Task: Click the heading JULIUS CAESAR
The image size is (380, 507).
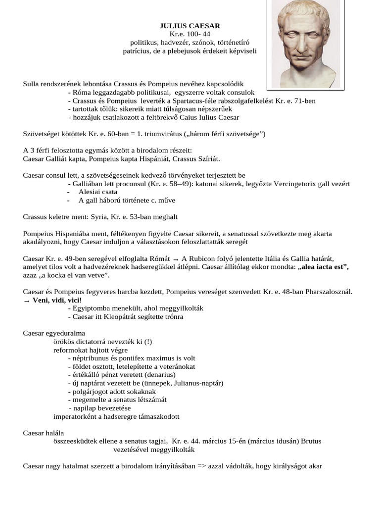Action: [190, 25]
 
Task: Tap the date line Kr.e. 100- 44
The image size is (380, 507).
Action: [190, 34]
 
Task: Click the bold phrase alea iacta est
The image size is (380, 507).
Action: [323, 267]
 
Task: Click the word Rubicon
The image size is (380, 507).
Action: [204, 259]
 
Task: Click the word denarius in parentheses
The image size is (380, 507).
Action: [159, 375]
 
